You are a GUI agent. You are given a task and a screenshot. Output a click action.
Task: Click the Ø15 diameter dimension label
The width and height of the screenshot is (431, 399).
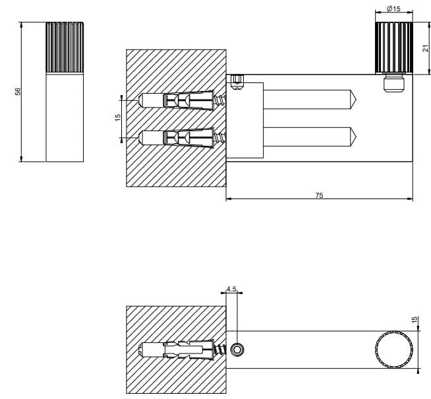click(x=393, y=9)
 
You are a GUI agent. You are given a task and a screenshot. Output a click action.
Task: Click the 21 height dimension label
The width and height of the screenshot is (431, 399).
click(x=426, y=48)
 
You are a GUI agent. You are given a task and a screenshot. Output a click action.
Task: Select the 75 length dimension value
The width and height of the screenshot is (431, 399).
click(x=319, y=195)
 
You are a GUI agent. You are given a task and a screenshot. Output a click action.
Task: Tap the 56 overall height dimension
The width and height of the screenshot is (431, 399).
click(x=18, y=92)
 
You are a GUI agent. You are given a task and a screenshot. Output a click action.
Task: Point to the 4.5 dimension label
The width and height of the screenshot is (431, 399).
click(x=231, y=289)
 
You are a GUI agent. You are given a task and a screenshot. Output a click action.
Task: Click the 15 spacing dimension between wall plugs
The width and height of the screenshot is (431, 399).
click(x=118, y=117)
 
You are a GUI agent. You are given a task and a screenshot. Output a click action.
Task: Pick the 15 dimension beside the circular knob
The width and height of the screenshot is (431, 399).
click(x=415, y=320)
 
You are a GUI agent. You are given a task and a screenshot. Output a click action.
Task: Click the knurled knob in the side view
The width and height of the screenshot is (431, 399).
click(x=394, y=48)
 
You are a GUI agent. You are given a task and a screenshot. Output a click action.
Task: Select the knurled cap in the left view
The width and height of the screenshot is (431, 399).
click(x=65, y=47)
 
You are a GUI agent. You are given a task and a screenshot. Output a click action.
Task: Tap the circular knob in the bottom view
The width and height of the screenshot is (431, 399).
click(x=394, y=350)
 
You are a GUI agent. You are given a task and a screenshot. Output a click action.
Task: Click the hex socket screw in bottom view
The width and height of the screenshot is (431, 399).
click(x=237, y=350)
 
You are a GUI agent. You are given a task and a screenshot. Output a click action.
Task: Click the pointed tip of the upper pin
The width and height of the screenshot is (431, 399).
click(x=357, y=100)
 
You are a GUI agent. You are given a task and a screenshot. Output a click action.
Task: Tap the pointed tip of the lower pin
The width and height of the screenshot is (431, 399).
click(x=357, y=137)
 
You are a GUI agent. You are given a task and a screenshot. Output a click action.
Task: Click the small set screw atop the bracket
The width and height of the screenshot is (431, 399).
click(x=237, y=82)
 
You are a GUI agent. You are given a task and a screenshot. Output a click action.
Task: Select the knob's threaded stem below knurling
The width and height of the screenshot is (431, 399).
click(x=394, y=83)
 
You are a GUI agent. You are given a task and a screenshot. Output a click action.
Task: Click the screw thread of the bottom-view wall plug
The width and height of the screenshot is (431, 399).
click(x=220, y=350)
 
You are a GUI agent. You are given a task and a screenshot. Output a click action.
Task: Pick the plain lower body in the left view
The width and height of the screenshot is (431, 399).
click(x=65, y=117)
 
